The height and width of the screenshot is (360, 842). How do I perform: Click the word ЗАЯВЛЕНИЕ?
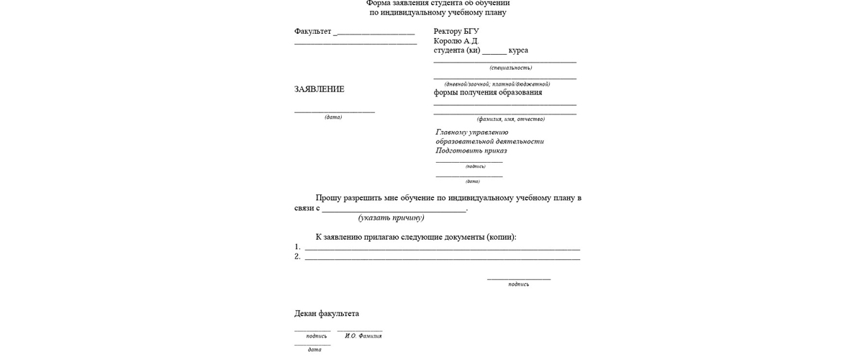(319, 89)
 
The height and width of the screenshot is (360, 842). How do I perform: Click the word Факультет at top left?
(312, 32)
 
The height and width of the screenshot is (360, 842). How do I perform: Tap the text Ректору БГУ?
(456, 32)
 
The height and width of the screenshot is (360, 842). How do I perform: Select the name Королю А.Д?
(456, 41)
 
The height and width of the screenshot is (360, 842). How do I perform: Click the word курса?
(518, 50)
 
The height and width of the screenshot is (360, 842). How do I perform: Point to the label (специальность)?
(510, 68)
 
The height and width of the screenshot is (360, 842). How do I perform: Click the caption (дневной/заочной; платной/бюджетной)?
(497, 84)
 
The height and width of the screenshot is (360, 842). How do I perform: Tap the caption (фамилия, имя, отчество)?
(510, 119)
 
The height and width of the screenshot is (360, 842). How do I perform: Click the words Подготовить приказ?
(471, 150)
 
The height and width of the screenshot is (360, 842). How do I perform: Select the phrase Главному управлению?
(471, 132)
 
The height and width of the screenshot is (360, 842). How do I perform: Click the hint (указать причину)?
(391, 217)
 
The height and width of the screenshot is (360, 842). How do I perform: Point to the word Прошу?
(327, 198)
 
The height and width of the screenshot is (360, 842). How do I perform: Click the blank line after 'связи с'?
(394, 210)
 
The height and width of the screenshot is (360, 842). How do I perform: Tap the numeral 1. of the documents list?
(297, 247)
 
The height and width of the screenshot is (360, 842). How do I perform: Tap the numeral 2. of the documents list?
(297, 256)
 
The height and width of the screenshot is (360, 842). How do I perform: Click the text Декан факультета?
(326, 314)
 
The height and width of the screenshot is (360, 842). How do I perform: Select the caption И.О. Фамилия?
(363, 336)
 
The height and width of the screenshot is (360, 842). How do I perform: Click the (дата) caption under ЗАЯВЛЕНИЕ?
(332, 117)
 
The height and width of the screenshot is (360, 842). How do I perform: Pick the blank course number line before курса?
(494, 53)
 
